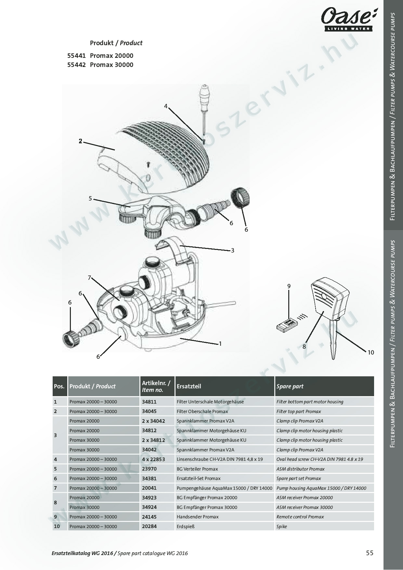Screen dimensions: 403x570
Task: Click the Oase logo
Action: click(x=346, y=20)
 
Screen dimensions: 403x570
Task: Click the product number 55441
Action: click(x=76, y=56)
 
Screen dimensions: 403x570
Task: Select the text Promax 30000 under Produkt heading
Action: click(x=111, y=65)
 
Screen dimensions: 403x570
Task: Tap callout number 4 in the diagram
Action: click(x=166, y=106)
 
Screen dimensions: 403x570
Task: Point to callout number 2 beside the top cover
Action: click(x=80, y=141)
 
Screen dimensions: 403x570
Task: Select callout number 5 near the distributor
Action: click(x=90, y=199)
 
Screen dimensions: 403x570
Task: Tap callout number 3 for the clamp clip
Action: click(x=233, y=250)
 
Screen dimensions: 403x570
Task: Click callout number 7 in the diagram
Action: click(x=89, y=278)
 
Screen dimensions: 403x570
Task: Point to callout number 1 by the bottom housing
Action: click(x=220, y=343)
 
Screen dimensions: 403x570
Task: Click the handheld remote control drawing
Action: click(x=287, y=324)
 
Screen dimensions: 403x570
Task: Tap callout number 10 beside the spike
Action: click(x=371, y=352)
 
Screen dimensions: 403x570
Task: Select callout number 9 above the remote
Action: click(x=289, y=286)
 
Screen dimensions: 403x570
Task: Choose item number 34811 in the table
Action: click(x=149, y=402)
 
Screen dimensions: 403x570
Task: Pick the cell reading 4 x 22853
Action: click(x=153, y=459)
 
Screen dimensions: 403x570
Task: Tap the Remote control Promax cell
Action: click(x=300, y=517)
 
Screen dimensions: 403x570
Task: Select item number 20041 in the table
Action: click(x=149, y=488)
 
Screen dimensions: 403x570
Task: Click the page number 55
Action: click(x=370, y=553)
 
